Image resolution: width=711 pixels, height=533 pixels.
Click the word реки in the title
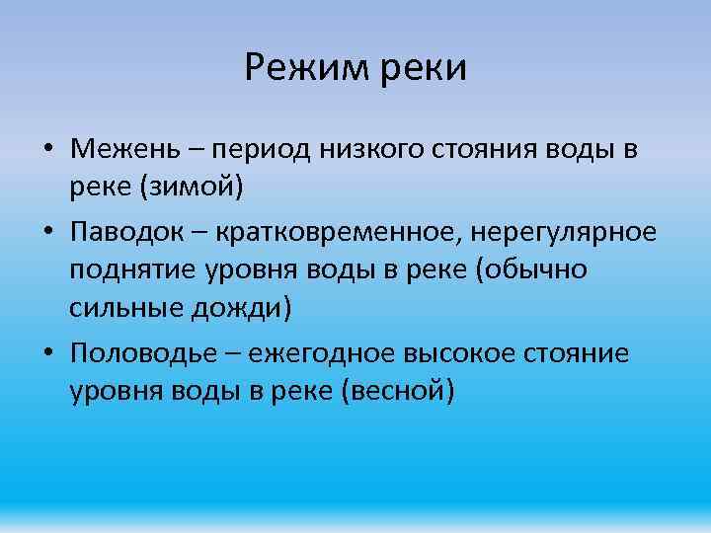click(424, 68)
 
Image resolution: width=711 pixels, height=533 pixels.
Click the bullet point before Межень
click(47, 150)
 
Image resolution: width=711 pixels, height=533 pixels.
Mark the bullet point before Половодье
click(47, 353)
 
